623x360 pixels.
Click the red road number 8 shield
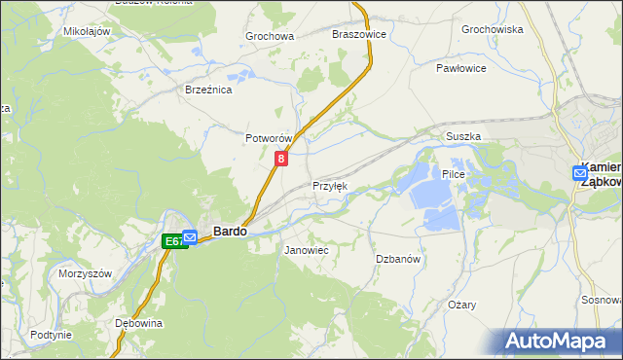tap(281, 158)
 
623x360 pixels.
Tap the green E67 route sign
tap(172, 241)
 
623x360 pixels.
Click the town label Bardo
tap(229, 233)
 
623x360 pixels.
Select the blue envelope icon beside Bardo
tap(191, 235)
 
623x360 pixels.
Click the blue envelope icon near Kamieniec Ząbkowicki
tap(579, 173)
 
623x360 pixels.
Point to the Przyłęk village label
tap(329, 186)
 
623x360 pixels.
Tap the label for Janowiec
tap(306, 251)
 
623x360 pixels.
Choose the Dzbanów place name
tap(397, 259)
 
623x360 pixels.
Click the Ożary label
tap(461, 305)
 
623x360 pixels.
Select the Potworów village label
tap(269, 139)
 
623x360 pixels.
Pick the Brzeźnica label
tap(207, 90)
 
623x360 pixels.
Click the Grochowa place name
tap(270, 37)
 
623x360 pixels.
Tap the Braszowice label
tap(359, 33)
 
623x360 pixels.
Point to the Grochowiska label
tap(493, 29)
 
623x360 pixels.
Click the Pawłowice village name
tap(461, 69)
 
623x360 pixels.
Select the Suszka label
tap(463, 137)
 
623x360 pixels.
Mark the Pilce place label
tap(455, 174)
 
